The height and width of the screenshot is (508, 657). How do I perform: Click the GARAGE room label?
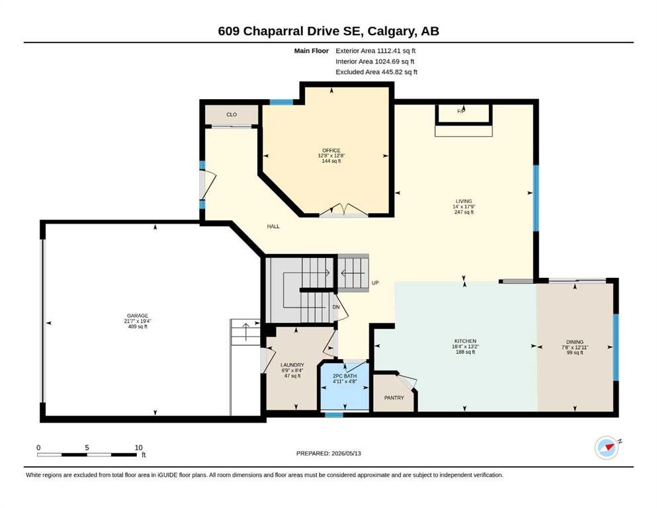[138, 316]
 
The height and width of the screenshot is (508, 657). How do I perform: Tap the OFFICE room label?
[331, 150]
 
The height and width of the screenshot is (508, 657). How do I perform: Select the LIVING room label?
[464, 201]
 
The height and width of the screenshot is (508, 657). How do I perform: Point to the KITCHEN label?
[465, 341]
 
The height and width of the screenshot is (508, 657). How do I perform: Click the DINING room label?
[574, 342]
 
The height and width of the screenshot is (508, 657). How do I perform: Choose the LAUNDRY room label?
[292, 365]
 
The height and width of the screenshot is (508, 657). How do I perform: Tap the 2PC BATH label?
[345, 376]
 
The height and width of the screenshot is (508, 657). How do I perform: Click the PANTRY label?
[394, 398]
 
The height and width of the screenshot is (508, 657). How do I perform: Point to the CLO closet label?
[232, 114]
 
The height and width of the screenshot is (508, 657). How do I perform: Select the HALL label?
[273, 226]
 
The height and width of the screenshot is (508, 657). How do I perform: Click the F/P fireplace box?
[463, 114]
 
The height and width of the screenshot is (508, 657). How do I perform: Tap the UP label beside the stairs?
[375, 282]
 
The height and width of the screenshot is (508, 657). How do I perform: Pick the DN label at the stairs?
[335, 307]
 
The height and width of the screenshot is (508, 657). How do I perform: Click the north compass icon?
[607, 447]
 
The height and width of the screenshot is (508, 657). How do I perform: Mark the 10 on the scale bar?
[139, 447]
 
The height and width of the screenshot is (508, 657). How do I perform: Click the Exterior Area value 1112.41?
[389, 51]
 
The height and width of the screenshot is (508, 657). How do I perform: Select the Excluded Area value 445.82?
[394, 71]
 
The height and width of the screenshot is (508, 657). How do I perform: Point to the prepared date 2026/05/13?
[346, 453]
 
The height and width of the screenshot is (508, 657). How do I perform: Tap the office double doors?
[343, 210]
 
